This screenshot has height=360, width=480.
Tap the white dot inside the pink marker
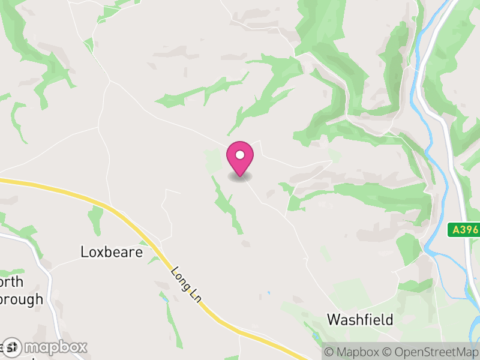(x=240, y=155)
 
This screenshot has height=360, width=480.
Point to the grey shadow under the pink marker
(x=240, y=177)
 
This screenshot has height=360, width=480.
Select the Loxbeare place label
(x=112, y=252)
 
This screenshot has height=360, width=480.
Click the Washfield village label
(x=360, y=320)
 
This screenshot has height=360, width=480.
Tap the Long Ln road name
(x=184, y=284)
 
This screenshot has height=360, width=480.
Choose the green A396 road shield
(x=465, y=229)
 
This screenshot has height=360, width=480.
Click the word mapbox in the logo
(x=55, y=347)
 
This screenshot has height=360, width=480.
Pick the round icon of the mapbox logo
(x=11, y=347)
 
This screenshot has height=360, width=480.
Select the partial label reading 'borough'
(x=21, y=299)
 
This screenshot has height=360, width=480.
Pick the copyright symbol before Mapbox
(x=328, y=352)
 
